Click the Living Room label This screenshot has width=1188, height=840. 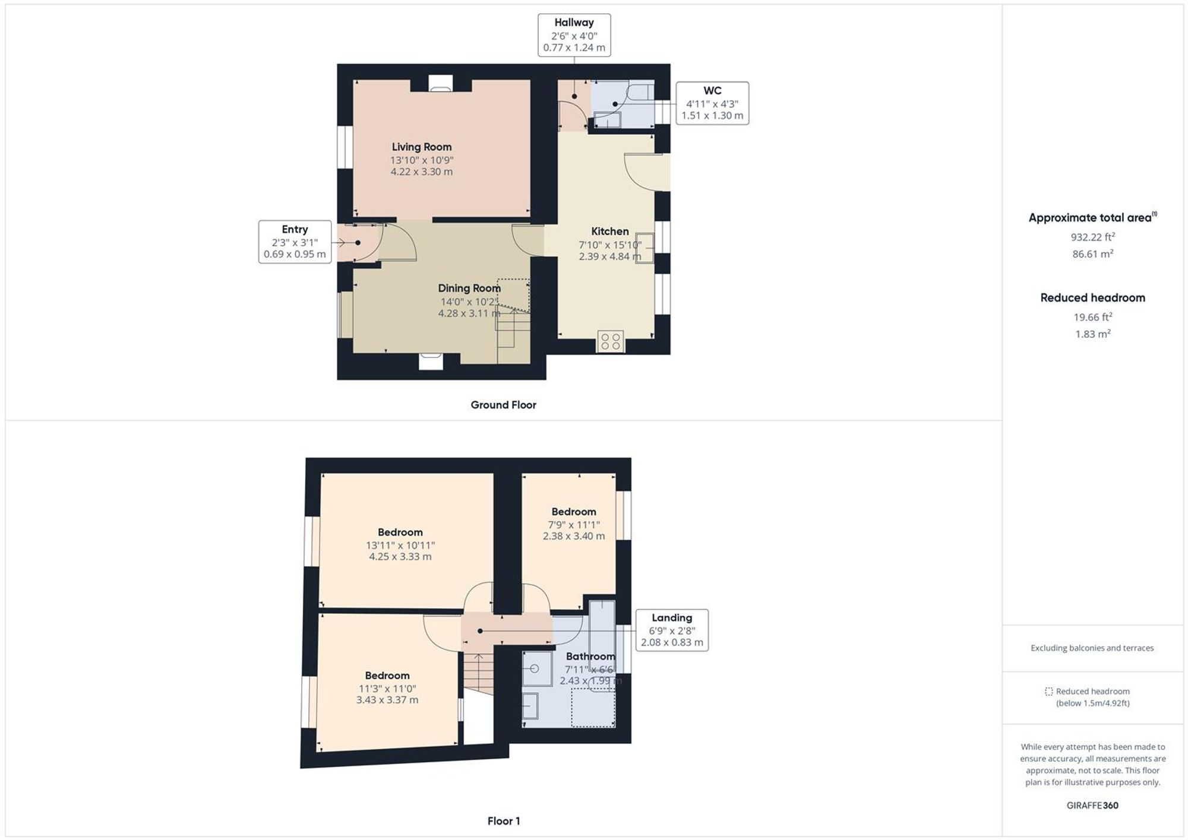pyautogui.click(x=421, y=147)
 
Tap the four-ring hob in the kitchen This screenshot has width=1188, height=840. pyautogui.click(x=611, y=341)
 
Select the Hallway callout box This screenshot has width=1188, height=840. pyautogui.click(x=574, y=36)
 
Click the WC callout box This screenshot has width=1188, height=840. pyautogui.click(x=712, y=103)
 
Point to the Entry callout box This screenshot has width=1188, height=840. pyautogui.click(x=295, y=242)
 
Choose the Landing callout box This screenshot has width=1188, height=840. pyautogui.click(x=672, y=630)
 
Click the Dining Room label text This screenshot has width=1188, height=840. pyautogui.click(x=469, y=289)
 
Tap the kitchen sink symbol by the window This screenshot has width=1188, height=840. pyautogui.click(x=644, y=248)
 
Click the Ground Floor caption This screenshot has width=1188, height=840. pyautogui.click(x=503, y=405)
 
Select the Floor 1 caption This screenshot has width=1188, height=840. pyautogui.click(x=503, y=821)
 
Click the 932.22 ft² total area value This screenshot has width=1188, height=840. pyautogui.click(x=1092, y=237)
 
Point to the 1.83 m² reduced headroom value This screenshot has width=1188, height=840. pyautogui.click(x=1092, y=334)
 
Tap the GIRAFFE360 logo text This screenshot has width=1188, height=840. pyautogui.click(x=1092, y=806)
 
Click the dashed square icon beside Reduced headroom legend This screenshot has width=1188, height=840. pyautogui.click(x=1048, y=692)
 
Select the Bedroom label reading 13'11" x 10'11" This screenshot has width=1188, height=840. pyautogui.click(x=400, y=532)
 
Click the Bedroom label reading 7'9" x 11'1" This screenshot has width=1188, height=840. pyautogui.click(x=573, y=512)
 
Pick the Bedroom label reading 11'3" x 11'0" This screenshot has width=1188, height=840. pyautogui.click(x=387, y=676)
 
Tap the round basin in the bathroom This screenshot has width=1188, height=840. pyautogui.click(x=535, y=669)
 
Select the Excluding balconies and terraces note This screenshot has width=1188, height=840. pyautogui.click(x=1092, y=648)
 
